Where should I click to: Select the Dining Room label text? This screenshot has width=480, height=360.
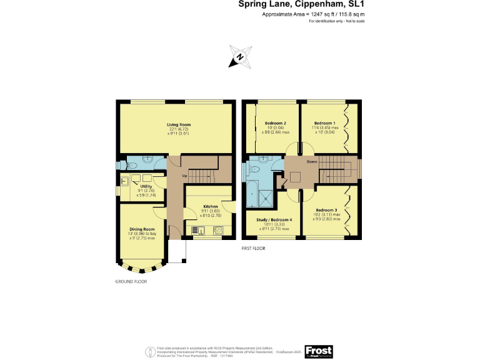click(141, 229)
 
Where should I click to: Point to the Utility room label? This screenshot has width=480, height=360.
click(146, 186)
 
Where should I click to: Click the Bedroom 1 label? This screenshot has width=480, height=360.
click(324, 123)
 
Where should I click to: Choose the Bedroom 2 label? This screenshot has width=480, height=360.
click(275, 123)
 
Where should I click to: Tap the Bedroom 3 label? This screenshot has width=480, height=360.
click(326, 210)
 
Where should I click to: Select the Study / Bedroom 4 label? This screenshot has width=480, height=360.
click(274, 219)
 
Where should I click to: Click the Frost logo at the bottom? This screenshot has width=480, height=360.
click(318, 351)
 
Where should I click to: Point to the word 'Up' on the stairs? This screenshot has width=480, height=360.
click(184, 176)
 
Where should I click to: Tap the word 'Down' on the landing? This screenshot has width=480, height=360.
click(311, 161)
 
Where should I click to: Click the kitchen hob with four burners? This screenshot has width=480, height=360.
click(218, 231)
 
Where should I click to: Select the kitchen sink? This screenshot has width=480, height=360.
click(199, 231)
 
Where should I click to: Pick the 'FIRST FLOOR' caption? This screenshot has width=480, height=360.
click(253, 248)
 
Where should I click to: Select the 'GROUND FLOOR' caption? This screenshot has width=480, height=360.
click(131, 281)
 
